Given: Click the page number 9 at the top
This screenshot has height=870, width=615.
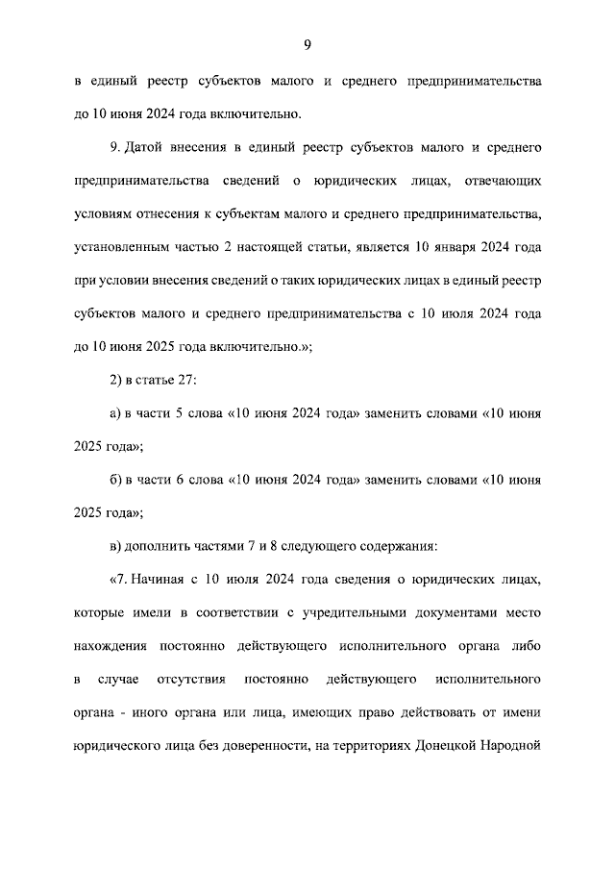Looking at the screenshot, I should (307, 44).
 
